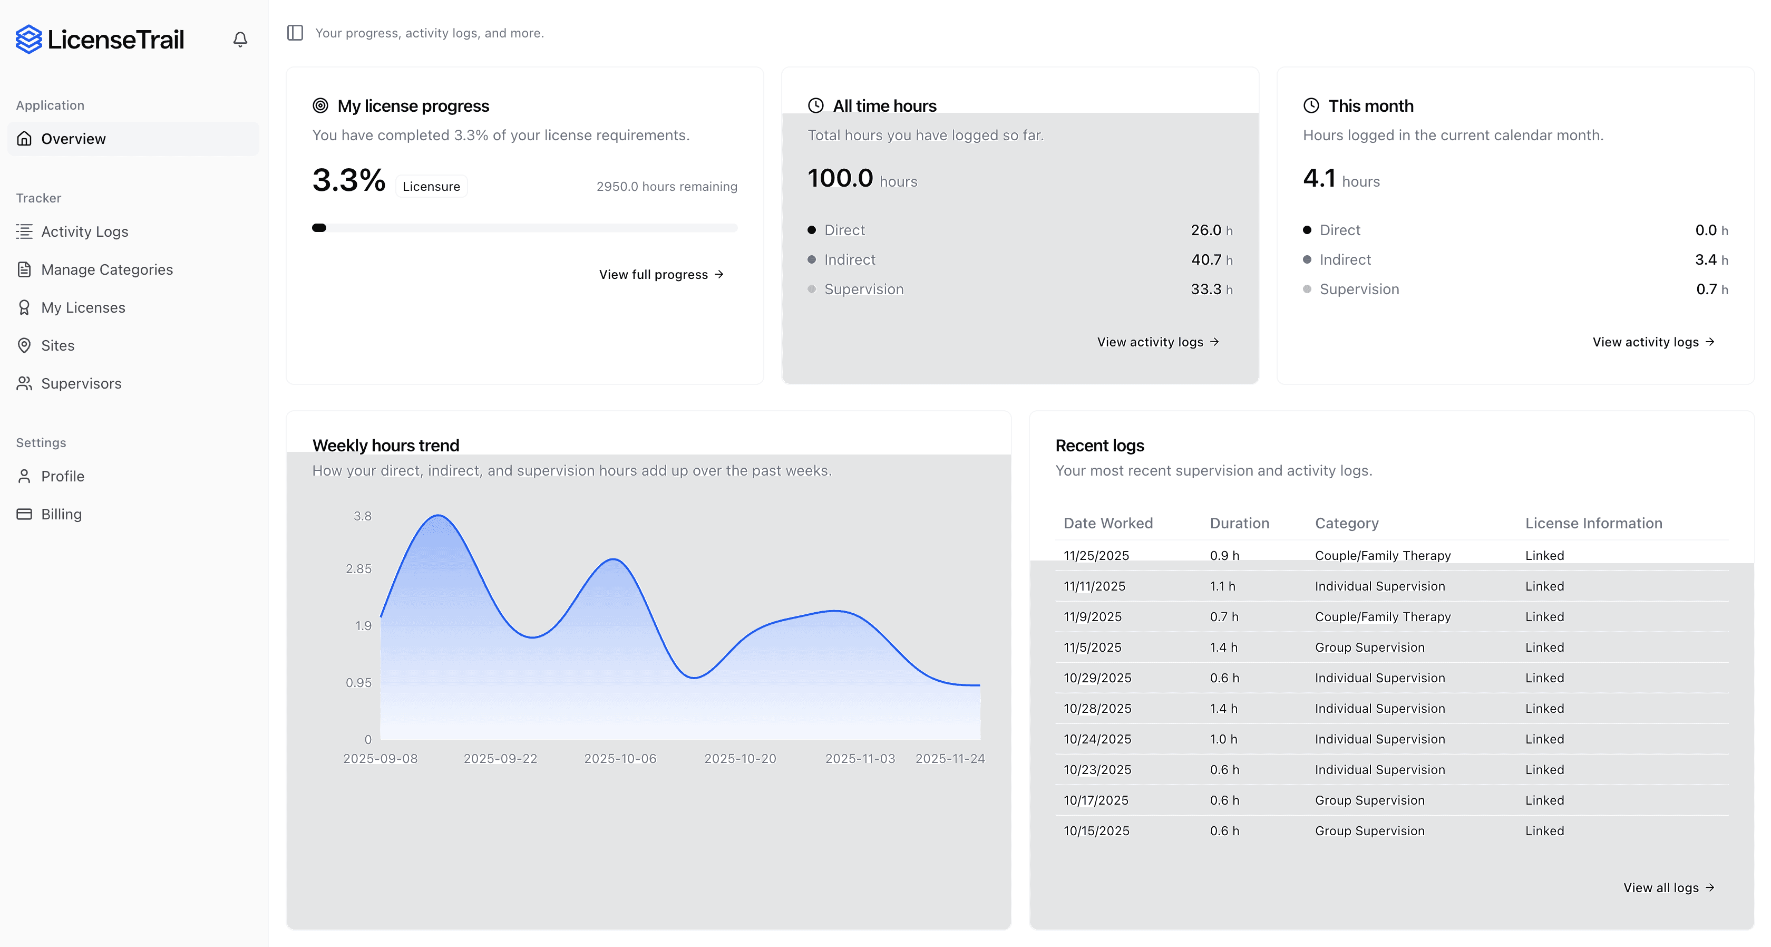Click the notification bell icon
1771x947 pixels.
(240, 39)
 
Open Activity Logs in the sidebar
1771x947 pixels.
(84, 232)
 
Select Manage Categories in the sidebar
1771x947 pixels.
(106, 269)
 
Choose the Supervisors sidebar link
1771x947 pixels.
(81, 384)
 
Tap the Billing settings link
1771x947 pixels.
(61, 515)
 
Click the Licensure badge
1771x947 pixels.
(431, 186)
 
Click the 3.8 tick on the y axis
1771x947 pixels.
(362, 516)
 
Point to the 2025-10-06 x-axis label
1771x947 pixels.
(620, 759)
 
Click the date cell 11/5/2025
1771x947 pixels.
(1093, 647)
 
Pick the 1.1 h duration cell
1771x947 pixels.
(1222, 586)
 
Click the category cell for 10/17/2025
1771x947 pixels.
(1369, 800)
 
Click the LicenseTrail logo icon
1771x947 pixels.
(29, 39)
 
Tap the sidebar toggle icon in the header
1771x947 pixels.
(295, 33)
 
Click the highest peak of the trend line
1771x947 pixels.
(438, 515)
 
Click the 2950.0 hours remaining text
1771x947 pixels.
(666, 186)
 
